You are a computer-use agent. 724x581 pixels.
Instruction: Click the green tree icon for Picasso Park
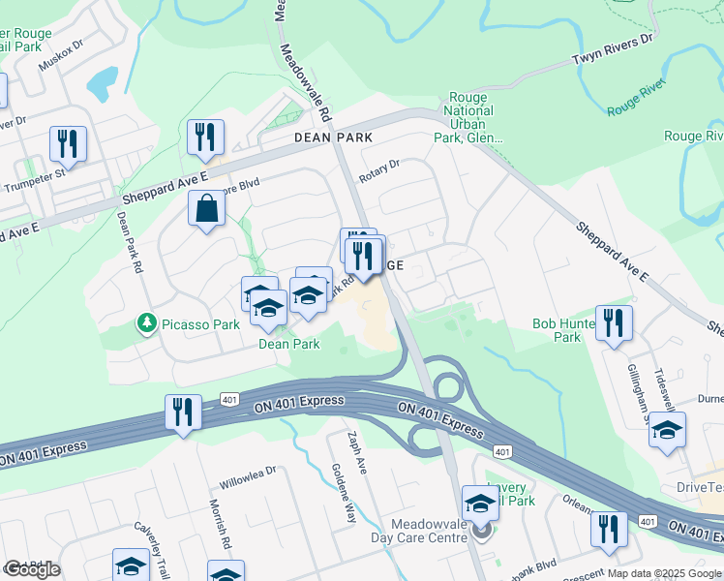coord(146,321)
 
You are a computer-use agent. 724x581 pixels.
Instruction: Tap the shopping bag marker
coord(208,209)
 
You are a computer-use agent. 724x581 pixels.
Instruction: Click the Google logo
coord(32,569)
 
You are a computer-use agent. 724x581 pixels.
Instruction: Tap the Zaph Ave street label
coord(357,452)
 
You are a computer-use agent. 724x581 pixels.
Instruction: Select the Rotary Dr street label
coord(378,171)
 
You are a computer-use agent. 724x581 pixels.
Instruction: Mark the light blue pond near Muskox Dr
coord(103,84)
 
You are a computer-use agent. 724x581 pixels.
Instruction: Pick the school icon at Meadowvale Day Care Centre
coord(480,502)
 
